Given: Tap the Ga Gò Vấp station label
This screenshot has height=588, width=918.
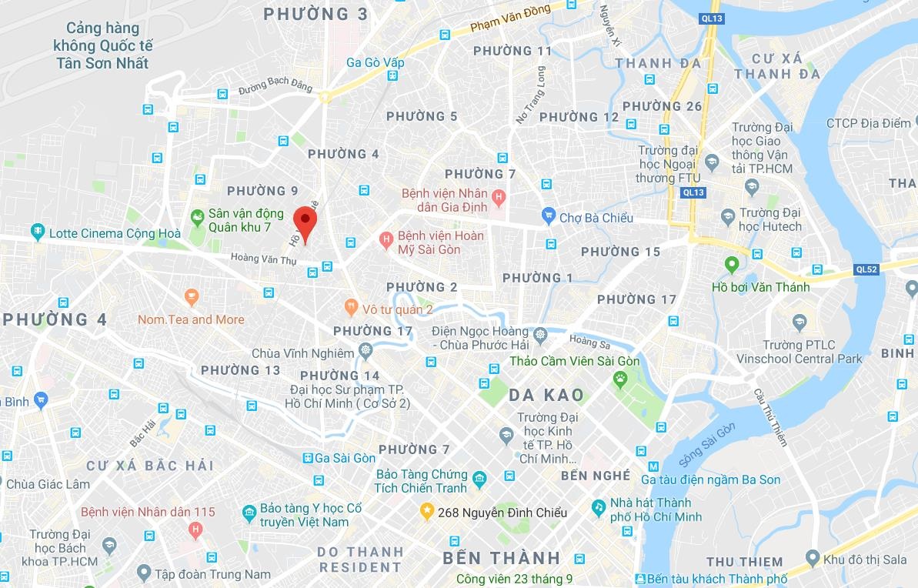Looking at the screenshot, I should click(375, 62).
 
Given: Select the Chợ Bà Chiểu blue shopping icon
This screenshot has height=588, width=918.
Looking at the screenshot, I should click(548, 217).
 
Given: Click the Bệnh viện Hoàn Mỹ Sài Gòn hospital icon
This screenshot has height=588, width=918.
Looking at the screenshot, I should click(386, 241).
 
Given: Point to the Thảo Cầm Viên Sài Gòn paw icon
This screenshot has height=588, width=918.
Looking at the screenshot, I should click(620, 378).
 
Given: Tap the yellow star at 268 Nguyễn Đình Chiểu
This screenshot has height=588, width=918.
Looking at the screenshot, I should click(426, 512).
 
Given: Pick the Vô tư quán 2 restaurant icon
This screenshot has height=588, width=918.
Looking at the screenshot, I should click(351, 308).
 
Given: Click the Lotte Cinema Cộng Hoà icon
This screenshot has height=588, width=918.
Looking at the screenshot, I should click(37, 232).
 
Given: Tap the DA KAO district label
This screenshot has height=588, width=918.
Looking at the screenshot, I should click(546, 396).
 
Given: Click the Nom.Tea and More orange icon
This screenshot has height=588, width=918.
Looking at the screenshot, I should click(191, 297).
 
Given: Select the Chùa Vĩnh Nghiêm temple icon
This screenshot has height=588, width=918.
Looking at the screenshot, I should click(365, 353).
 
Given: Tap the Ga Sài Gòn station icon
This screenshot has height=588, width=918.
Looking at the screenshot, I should click(308, 458).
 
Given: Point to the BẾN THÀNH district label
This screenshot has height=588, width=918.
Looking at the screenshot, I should click(502, 557).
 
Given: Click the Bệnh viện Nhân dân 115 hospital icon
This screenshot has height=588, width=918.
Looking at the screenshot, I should click(196, 530).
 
